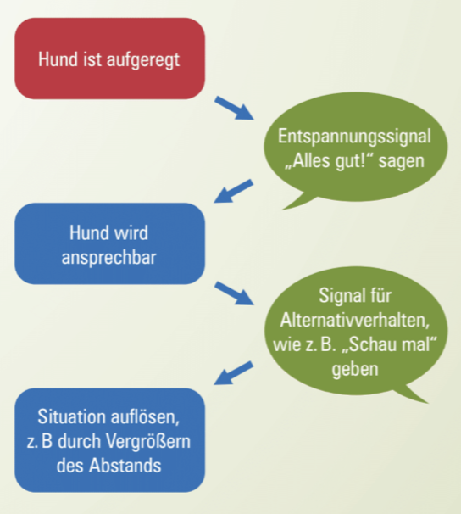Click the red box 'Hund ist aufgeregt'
109,59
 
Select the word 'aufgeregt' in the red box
143,61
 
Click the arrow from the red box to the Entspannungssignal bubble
235,109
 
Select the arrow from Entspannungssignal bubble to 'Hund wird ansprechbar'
233,191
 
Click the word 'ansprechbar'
108,258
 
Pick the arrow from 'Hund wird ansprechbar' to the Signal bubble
235,293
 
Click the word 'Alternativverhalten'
354,320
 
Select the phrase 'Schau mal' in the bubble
389,344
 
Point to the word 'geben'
355,370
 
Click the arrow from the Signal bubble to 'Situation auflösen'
233,373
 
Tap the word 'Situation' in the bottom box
71,416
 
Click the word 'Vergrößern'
148,442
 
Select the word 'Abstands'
125,466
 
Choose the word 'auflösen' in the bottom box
145,416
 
